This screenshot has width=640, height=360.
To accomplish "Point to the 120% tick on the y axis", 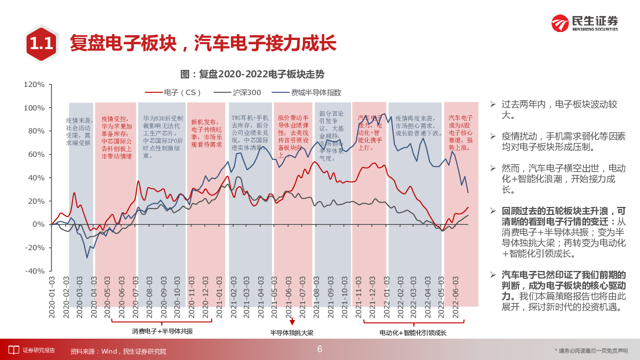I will (x=34, y=84).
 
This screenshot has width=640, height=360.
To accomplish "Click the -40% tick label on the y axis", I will (x=34, y=271).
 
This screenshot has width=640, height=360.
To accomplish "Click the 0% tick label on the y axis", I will (x=38, y=224).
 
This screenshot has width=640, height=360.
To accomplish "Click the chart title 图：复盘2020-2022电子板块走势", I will (x=252, y=74).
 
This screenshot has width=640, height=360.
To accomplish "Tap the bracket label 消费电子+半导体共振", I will (x=163, y=331).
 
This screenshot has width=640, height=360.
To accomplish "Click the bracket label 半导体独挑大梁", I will (x=292, y=333).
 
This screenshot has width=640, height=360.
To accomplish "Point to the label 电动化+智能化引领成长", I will (x=413, y=333).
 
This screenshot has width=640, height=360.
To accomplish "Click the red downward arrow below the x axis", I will (x=292, y=322).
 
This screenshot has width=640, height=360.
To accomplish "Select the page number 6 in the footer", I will (x=319, y=349).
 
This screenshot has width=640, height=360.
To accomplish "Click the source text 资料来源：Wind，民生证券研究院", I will (x=118, y=351).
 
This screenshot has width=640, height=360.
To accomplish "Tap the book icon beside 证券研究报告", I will (x=13, y=350).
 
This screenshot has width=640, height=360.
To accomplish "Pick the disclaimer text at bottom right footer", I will (x=591, y=350).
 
